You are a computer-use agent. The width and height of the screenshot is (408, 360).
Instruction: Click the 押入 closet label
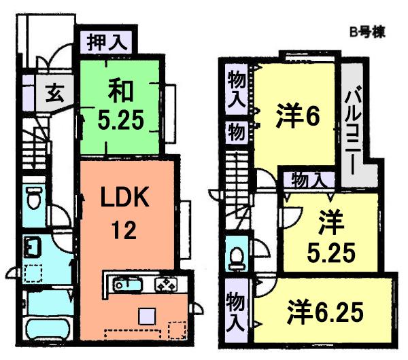pyautogui.click(x=107, y=42)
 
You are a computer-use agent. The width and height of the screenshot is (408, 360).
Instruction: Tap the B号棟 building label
pyautogui.click(x=367, y=32)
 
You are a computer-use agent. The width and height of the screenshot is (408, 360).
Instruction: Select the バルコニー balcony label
pyautogui.click(x=354, y=124)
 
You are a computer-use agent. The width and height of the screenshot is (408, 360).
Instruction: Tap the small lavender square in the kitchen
pyautogui.click(x=147, y=314)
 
